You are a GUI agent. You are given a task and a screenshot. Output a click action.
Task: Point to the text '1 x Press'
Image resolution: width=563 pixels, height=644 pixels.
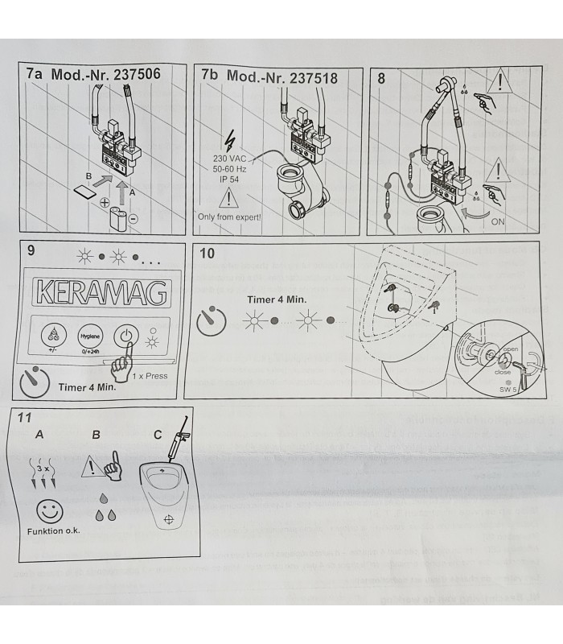(150, 376)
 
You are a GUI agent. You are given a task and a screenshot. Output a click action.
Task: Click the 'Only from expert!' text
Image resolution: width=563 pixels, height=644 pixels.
(229, 217)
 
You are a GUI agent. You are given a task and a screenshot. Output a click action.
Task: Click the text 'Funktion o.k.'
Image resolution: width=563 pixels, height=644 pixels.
(53, 532)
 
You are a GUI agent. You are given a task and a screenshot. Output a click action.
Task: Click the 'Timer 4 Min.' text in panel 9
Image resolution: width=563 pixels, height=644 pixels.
(86, 386)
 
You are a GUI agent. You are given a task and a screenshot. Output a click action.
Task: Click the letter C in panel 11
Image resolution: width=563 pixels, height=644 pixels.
(158, 436)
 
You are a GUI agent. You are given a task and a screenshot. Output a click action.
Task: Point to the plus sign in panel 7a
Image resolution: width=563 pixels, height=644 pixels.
(105, 203)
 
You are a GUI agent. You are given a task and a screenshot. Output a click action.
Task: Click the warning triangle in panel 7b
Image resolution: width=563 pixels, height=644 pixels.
(229, 197)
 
